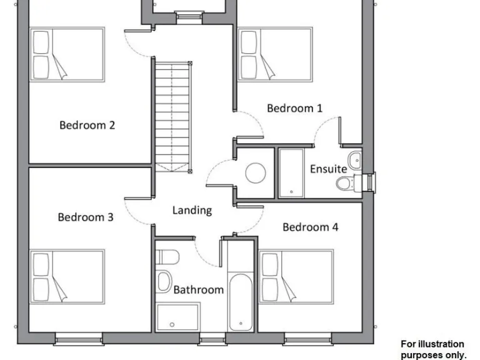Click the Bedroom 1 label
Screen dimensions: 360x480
(294, 108)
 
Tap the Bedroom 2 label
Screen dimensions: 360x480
(87, 125)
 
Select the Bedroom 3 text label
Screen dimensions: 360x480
(86, 217)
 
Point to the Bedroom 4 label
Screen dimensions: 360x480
(310, 227)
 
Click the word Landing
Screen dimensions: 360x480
(192, 211)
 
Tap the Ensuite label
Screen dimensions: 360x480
(328, 169)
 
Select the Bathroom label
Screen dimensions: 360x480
(198, 289)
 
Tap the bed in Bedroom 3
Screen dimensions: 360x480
(67, 277)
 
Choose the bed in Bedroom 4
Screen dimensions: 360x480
(296, 277)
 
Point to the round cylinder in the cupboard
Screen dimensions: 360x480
(256, 172)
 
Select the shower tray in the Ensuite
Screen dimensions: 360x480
(290, 172)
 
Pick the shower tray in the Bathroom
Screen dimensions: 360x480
(178, 316)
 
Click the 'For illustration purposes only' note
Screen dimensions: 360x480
(433, 349)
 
